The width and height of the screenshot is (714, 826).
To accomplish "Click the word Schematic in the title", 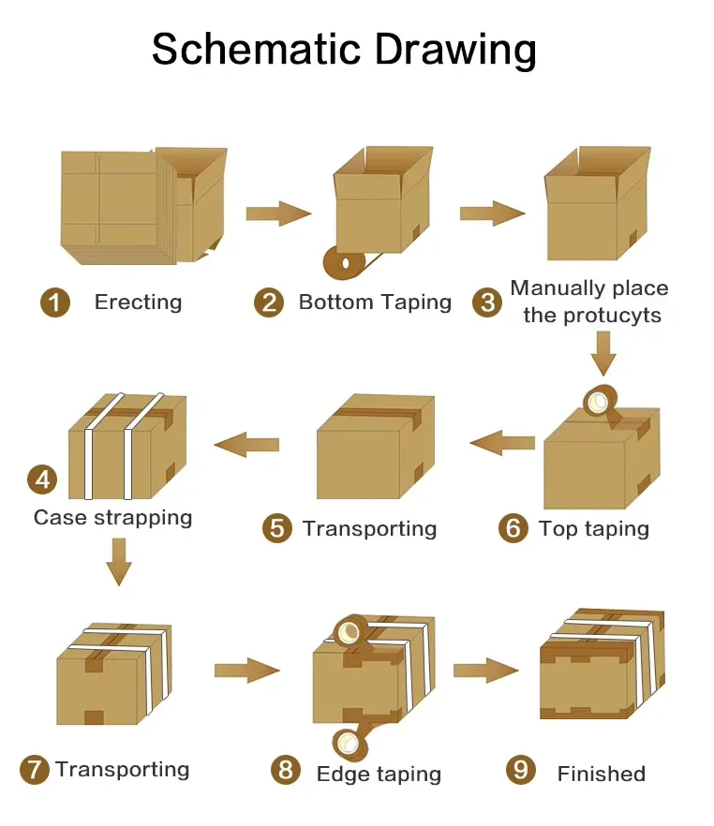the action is click(256, 49).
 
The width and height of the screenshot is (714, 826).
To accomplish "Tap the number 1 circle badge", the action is click(55, 302).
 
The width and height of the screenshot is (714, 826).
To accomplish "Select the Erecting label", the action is click(138, 302).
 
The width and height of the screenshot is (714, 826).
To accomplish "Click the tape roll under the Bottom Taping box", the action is click(345, 262).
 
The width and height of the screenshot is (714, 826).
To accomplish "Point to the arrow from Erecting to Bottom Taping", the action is click(278, 214).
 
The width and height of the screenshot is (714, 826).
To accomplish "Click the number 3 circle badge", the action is click(487, 302).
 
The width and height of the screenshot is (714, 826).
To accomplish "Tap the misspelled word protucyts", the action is click(612, 316).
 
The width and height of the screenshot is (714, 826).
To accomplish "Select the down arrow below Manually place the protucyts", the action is click(603, 353).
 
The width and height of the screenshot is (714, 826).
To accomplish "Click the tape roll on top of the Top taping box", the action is click(601, 403).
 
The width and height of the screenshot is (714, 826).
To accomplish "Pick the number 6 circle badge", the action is click(513, 528).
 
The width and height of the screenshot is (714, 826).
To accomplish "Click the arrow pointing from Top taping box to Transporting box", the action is click(502, 442).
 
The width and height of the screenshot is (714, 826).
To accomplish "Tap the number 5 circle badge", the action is click(277, 528).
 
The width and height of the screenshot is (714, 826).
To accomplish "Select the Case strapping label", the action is click(112, 518).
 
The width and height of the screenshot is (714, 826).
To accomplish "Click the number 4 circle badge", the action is click(42, 479).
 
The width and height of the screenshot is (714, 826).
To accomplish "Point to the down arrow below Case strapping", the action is click(119, 562).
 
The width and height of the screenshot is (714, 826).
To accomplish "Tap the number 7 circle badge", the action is click(35, 770).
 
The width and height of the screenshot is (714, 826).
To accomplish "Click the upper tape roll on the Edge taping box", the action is click(351, 630).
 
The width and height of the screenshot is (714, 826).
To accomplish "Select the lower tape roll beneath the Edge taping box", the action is click(350, 744).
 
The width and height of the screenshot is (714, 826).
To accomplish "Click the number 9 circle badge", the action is click(521, 770).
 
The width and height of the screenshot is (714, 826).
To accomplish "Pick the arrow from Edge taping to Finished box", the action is click(485, 671).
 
